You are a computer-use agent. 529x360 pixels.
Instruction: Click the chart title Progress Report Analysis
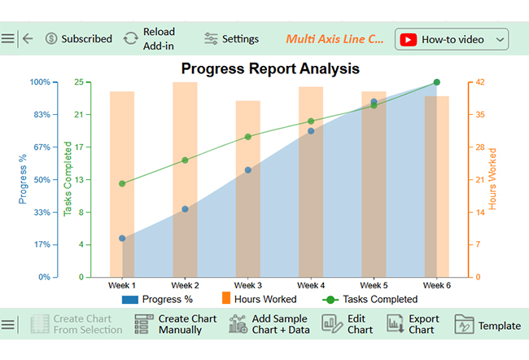[x=269, y=68]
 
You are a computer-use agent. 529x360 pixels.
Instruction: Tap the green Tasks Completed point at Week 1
[x=122, y=183]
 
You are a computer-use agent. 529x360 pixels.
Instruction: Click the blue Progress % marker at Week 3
[x=248, y=170]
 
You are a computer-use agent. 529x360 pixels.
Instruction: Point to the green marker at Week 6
[x=437, y=82]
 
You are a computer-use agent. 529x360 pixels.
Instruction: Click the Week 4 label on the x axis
[x=311, y=286]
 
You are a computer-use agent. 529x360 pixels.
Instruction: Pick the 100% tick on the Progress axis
[x=40, y=82]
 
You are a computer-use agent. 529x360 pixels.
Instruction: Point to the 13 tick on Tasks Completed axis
[x=78, y=180]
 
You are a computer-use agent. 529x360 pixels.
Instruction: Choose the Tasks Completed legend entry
[x=370, y=299]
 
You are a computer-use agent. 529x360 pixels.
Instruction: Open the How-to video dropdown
[x=452, y=39]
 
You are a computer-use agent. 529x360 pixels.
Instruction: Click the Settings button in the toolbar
[x=231, y=39]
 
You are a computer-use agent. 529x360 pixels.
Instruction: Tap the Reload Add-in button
[x=150, y=39]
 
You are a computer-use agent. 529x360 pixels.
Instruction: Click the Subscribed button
[x=78, y=39]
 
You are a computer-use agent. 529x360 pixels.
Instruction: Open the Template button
[x=487, y=325]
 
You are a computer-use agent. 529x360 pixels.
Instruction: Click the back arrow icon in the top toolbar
[x=28, y=38]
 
